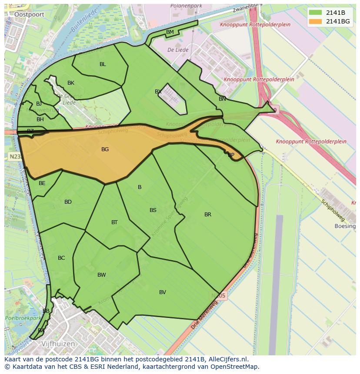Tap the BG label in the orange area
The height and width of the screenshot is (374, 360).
click(x=105, y=149)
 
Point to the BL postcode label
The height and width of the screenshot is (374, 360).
click(x=103, y=64)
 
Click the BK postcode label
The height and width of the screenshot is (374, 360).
click(x=71, y=83)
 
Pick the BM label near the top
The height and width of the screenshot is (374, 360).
click(x=170, y=32)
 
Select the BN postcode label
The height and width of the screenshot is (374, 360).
click(x=222, y=99)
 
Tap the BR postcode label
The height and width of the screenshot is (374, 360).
click(x=208, y=215)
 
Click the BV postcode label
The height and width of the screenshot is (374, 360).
click(x=163, y=292)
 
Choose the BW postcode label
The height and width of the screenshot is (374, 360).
click(x=102, y=275)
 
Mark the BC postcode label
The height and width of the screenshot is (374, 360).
click(x=61, y=258)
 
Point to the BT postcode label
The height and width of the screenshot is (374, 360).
click(x=114, y=222)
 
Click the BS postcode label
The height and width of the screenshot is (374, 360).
click(x=153, y=210)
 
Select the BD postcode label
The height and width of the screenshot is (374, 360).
click(x=68, y=202)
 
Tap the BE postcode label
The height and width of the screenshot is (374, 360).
click(x=42, y=183)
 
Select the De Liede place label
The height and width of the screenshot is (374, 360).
click(x=178, y=50)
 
